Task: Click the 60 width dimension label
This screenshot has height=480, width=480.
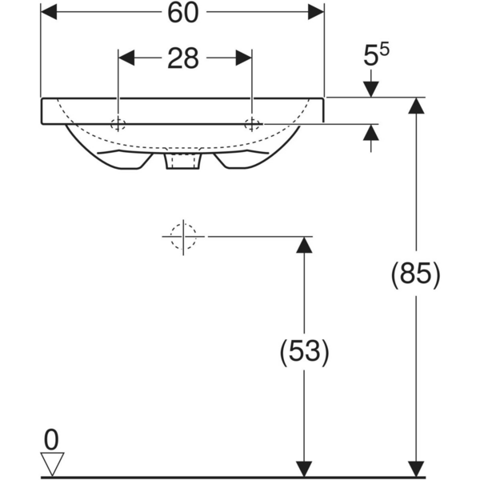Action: (x=182, y=13)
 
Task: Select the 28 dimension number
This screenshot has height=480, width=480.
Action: (x=183, y=60)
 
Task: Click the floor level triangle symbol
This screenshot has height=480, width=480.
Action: (x=52, y=463)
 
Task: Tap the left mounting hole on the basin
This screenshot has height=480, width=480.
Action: (x=118, y=124)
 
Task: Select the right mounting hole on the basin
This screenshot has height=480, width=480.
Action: (x=252, y=124)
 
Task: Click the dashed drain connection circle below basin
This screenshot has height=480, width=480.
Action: (x=183, y=237)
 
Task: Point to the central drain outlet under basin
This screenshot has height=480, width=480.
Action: (x=183, y=162)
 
